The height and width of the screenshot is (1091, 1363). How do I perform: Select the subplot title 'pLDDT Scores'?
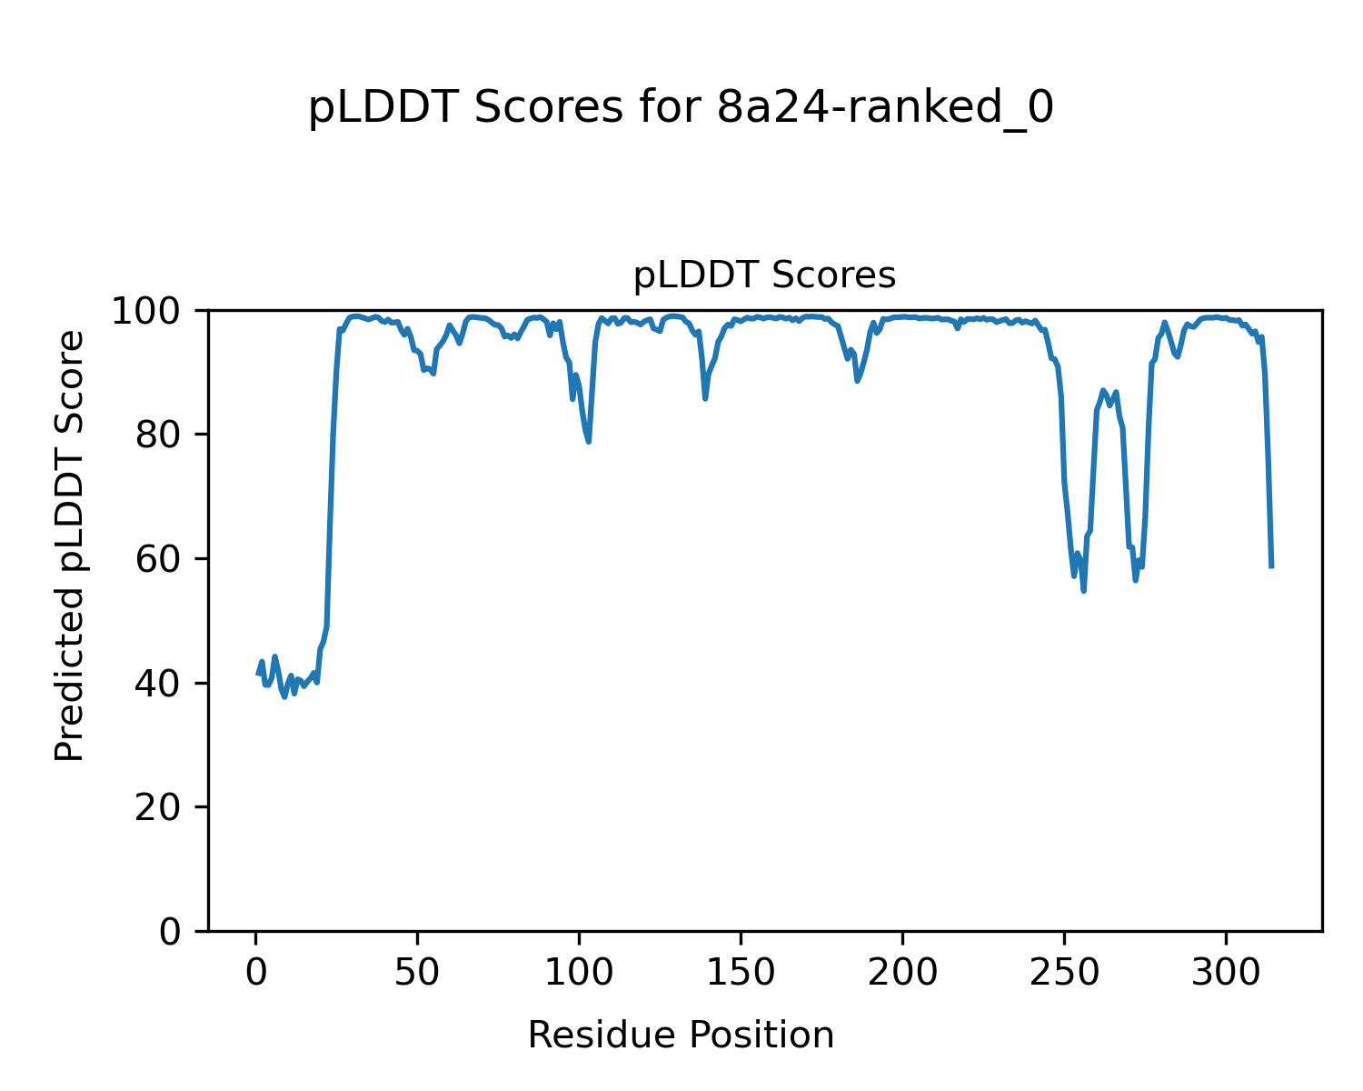(764, 275)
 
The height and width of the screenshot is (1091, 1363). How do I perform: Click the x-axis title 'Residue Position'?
(681, 1035)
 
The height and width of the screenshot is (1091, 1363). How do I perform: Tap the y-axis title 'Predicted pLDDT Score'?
(70, 545)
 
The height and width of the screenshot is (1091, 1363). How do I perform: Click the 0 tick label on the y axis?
(171, 931)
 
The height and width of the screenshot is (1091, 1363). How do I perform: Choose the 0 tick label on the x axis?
(256, 972)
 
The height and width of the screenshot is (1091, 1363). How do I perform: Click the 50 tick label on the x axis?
(418, 972)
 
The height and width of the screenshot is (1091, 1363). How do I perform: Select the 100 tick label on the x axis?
(580, 972)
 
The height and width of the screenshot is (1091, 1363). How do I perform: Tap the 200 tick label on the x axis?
(903, 972)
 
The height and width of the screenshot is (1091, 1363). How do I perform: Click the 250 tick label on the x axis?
(1065, 972)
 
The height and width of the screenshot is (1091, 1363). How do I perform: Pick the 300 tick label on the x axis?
(1227, 972)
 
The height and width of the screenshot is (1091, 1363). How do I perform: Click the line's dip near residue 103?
(589, 442)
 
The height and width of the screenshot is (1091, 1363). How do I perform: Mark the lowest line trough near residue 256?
(1084, 591)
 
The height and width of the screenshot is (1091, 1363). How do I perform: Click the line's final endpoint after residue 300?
(1271, 567)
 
